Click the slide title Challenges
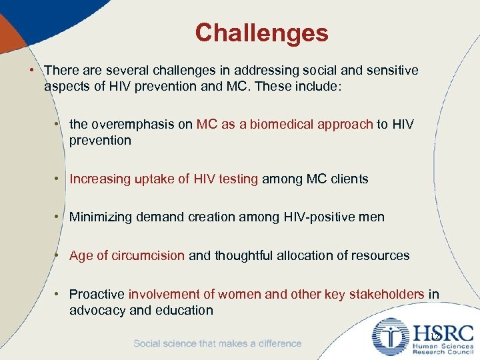tap(261, 33)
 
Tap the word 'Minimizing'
tap(101, 217)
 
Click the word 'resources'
tap(381, 255)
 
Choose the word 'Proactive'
tap(97, 294)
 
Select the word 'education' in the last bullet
tap(184, 310)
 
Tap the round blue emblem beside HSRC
tap(390, 337)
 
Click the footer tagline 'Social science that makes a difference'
tap(217, 343)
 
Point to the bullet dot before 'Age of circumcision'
tap(61, 255)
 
